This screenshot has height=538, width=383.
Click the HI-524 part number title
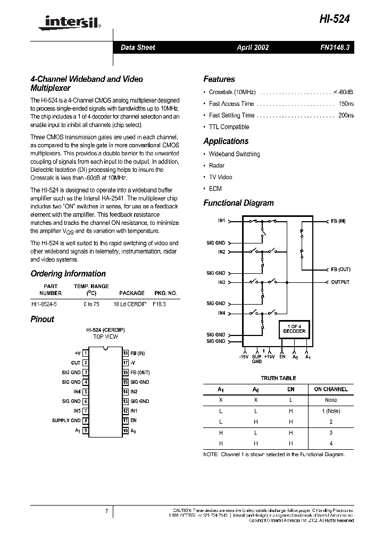tap(335, 19)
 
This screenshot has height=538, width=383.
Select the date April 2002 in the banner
tap(253, 47)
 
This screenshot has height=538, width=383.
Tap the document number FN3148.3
tap(335, 47)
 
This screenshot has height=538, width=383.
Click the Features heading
tap(219, 79)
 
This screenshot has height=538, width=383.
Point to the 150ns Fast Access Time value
tap(346, 104)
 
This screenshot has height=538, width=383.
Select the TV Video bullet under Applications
tap(220, 177)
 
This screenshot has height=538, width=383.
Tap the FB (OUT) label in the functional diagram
tap(340, 270)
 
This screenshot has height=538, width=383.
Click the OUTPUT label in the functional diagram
tap(340, 282)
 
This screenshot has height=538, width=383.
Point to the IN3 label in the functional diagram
tap(221, 282)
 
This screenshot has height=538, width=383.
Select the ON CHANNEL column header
tap(330, 389)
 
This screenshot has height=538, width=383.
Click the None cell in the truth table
tap(330, 400)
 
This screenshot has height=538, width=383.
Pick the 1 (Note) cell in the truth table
tap(330, 411)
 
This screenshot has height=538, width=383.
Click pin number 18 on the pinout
tap(126, 353)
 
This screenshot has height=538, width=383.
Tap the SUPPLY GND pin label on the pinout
tap(66, 421)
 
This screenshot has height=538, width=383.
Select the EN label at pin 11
tap(134, 421)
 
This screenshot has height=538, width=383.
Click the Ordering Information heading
tap(68, 274)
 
